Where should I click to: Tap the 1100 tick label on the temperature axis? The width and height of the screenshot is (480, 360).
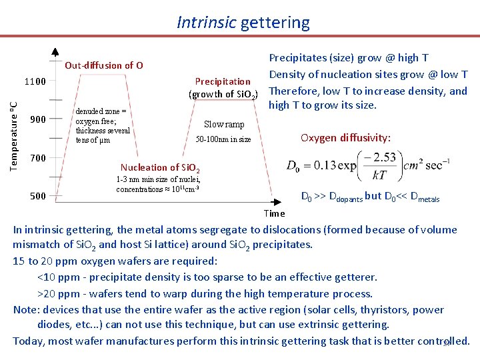tap(35, 82)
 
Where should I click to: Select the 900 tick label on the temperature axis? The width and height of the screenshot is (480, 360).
tap(38, 120)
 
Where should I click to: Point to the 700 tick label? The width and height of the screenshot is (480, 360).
tap(38, 158)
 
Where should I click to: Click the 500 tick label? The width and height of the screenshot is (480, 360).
tap(38, 196)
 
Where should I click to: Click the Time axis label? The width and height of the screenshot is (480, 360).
tap(274, 213)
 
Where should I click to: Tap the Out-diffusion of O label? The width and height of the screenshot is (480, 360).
tap(103, 65)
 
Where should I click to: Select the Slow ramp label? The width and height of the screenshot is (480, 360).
tap(224, 125)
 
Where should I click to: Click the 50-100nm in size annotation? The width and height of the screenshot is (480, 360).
tap(223, 139)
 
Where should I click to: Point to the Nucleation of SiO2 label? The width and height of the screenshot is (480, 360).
tap(159, 167)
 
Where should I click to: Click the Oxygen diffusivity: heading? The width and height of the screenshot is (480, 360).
tap(345, 138)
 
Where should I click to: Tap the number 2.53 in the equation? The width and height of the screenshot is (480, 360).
tap(385, 157)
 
